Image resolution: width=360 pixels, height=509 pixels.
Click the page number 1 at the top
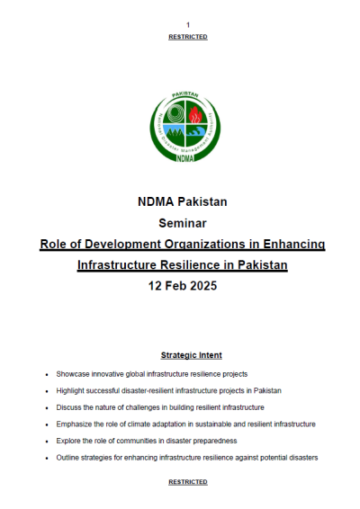point(188,23)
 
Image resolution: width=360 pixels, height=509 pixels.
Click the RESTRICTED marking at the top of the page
point(188,37)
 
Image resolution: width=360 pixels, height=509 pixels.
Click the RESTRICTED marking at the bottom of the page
point(188,482)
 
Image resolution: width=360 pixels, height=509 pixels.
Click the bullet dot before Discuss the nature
point(47,407)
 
